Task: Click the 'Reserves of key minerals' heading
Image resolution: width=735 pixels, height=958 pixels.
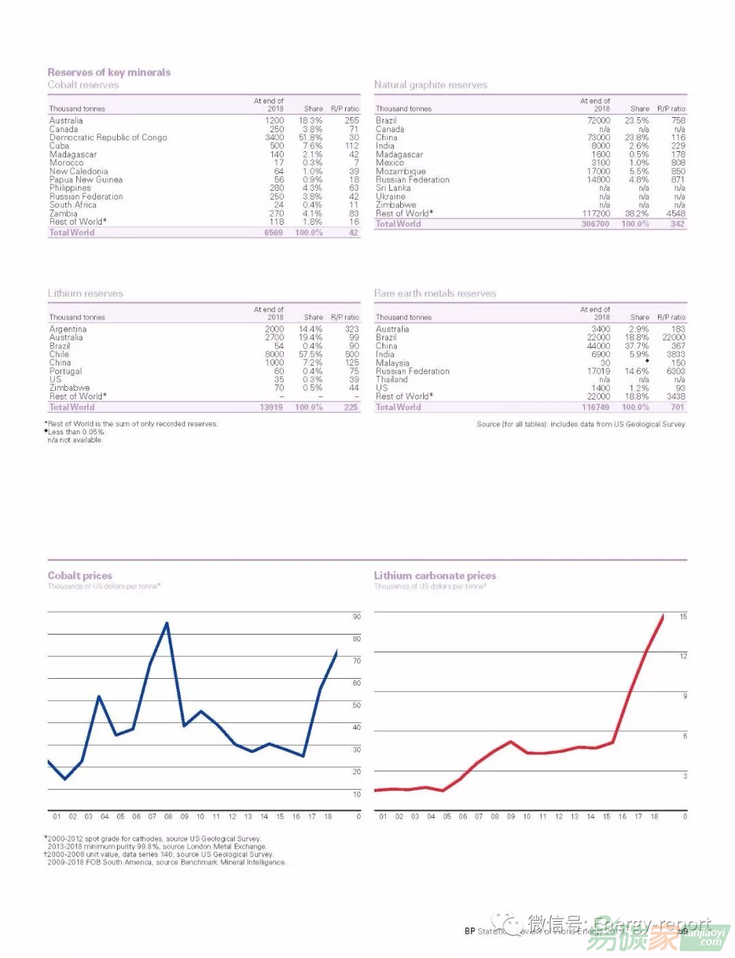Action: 109,72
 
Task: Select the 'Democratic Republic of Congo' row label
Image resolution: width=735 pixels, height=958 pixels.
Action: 108,138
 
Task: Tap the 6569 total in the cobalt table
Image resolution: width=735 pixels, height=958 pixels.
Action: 273,232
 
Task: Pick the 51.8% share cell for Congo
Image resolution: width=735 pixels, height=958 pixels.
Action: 310,138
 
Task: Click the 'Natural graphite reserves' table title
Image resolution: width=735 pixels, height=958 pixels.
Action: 430,85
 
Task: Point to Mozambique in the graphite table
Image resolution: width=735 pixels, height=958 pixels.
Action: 400,172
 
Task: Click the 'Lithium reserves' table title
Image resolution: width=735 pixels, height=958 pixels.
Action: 85,293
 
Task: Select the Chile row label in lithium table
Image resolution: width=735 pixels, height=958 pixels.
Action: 59,354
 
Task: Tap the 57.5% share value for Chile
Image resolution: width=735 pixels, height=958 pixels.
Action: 310,354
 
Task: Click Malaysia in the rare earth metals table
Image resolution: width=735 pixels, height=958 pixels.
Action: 392,363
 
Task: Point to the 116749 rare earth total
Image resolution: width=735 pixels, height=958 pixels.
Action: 595,407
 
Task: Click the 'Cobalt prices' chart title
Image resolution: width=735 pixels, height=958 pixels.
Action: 80,575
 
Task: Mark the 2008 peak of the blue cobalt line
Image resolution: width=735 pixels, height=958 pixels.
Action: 167,622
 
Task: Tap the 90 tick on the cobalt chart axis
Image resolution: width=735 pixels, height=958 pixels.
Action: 357,617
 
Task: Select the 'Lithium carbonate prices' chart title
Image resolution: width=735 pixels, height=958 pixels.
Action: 435,575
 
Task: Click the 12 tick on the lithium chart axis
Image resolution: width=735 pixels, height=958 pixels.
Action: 683,656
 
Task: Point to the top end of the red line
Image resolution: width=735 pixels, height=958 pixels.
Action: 663,615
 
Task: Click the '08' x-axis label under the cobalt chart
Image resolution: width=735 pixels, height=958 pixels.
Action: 168,816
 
